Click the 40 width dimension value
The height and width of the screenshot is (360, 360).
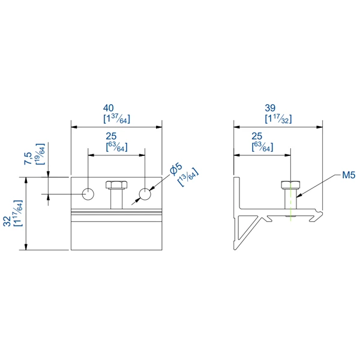117,109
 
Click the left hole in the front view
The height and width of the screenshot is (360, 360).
88,194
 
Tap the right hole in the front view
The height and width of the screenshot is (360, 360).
145,194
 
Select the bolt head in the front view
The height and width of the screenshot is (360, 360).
116,184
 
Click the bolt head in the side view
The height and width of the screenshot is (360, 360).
290,184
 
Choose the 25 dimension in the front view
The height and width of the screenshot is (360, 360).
117,136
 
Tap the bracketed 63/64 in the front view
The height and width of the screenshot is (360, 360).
117,146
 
